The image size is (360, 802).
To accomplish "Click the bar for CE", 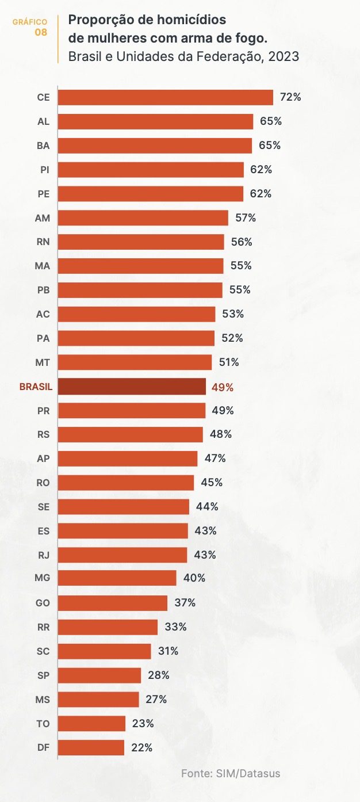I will (166, 97).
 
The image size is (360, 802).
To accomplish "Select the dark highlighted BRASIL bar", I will (132, 387).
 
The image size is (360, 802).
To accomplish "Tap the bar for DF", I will (91, 748).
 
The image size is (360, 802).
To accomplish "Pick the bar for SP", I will (99, 675).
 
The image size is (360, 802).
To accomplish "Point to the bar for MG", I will (117, 578).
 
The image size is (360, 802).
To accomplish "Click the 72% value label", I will (290, 97).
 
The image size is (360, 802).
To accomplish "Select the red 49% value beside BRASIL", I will (223, 387).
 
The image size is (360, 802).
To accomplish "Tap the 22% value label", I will (141, 748).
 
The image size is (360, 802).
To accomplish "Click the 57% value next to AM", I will (246, 218).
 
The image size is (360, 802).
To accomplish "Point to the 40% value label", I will (194, 578).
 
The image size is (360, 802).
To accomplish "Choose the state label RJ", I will (43, 555).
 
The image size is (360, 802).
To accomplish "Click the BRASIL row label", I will (36, 387).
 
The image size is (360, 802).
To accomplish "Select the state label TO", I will (43, 724).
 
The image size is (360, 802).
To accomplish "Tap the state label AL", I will (43, 121).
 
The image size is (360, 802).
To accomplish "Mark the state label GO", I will (43, 603).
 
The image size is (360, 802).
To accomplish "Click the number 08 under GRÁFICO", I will (41, 32).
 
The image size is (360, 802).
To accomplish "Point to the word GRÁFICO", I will (30, 22).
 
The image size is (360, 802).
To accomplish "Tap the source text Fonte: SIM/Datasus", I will (231, 773).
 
